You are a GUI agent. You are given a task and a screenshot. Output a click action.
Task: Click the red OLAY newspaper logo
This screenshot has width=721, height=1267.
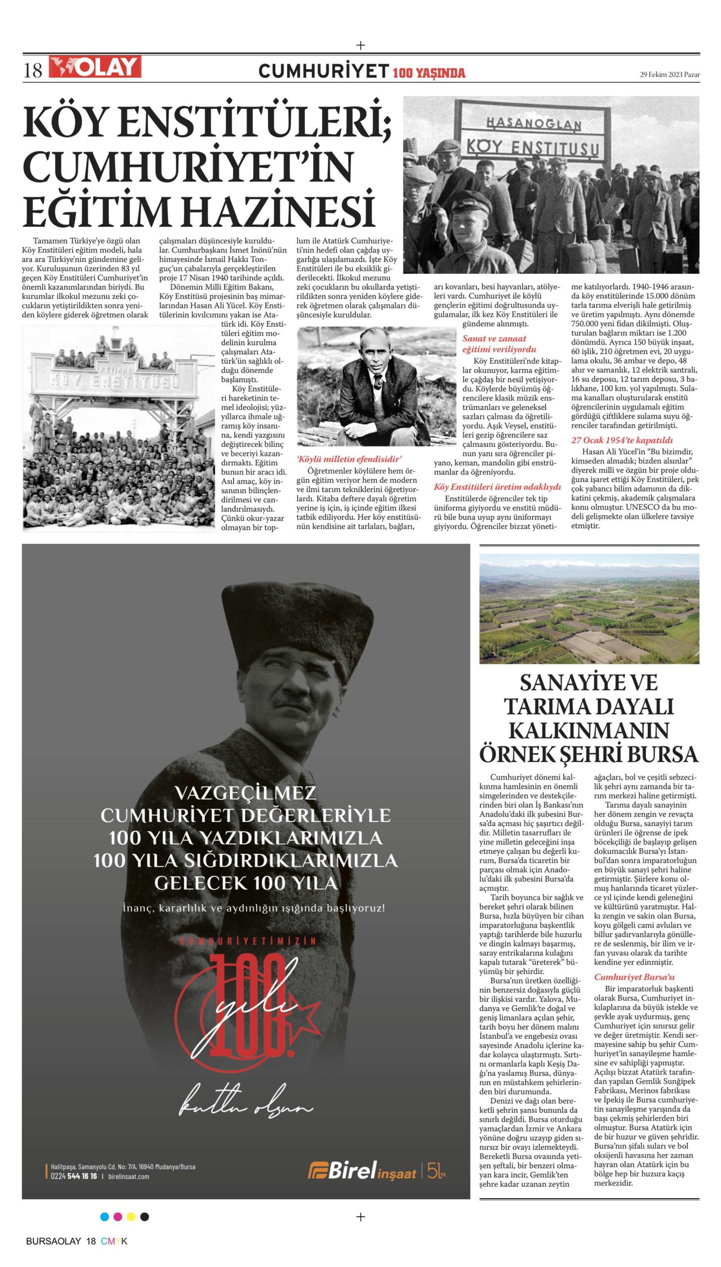(x=95, y=67)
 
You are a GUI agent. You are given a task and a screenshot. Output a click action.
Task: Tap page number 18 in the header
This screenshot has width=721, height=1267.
(x=33, y=70)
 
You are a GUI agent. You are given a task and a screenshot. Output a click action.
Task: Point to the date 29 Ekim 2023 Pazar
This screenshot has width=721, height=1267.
(x=669, y=75)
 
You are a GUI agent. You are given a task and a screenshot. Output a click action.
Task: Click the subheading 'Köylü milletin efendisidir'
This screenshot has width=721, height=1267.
(x=350, y=459)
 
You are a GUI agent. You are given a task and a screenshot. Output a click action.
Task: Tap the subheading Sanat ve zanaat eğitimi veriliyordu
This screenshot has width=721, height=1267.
(x=499, y=344)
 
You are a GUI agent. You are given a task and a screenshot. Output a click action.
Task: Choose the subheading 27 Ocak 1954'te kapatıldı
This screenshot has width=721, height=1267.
(x=622, y=440)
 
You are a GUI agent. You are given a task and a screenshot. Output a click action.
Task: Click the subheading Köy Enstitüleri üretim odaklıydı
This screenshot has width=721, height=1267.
(x=497, y=487)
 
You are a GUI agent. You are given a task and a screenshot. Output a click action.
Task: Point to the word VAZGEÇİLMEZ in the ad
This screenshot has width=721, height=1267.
(x=246, y=793)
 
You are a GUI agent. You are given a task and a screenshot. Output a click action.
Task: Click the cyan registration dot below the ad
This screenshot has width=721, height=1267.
(x=104, y=1216)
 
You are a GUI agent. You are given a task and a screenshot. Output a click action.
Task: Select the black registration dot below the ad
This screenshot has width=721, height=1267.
(x=145, y=1216)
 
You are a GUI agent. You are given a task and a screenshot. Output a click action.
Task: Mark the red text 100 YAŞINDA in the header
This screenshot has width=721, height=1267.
(x=429, y=73)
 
